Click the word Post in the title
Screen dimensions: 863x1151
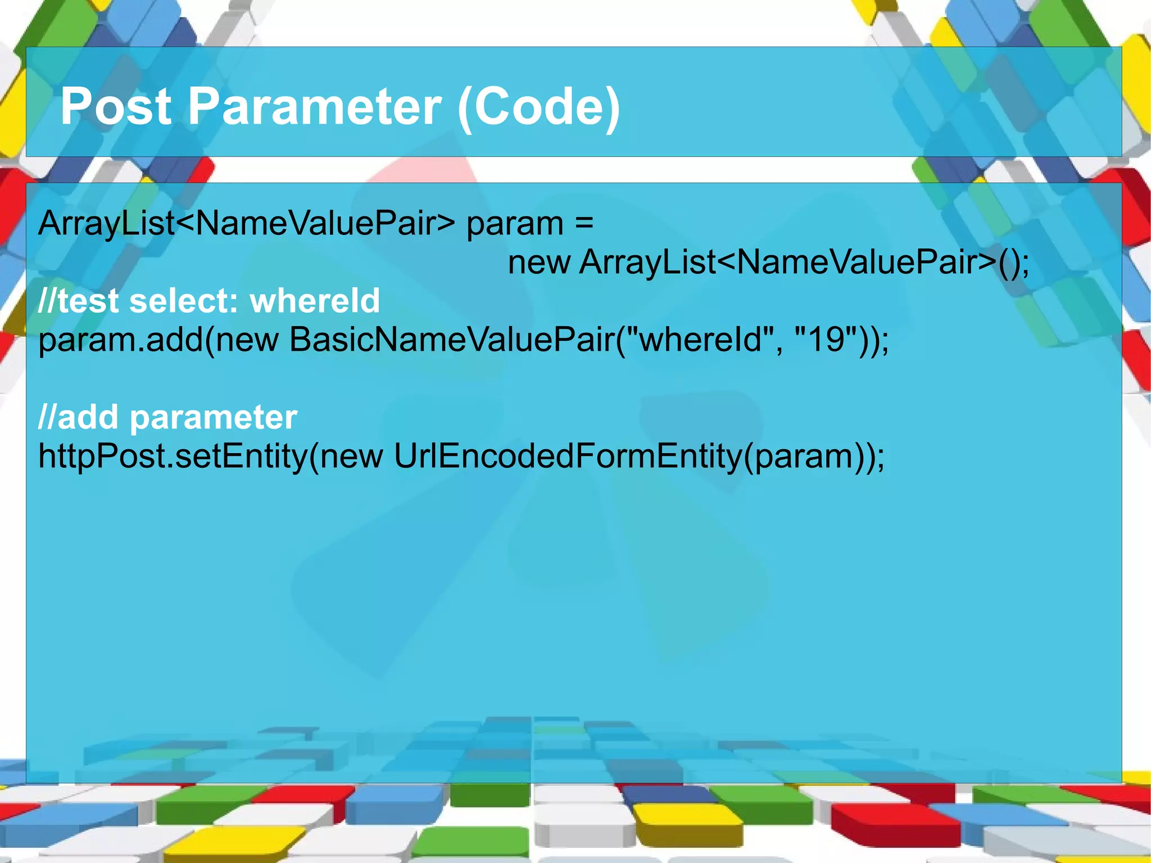click(x=116, y=106)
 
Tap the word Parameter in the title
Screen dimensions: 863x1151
click(x=315, y=106)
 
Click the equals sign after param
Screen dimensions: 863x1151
click(x=584, y=223)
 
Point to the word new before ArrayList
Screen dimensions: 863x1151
click(x=539, y=263)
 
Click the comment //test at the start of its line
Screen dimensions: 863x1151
click(x=78, y=301)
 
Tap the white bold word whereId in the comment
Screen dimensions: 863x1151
click(x=315, y=301)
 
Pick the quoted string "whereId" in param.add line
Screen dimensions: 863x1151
click(x=704, y=340)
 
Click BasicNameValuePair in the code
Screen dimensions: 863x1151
click(x=452, y=340)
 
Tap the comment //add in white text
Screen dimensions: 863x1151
click(x=78, y=417)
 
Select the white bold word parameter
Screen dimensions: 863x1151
click(x=214, y=417)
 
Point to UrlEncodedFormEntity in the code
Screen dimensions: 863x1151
click(x=568, y=456)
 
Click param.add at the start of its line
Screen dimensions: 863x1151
click(x=120, y=340)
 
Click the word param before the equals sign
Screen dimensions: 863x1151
click(x=515, y=223)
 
